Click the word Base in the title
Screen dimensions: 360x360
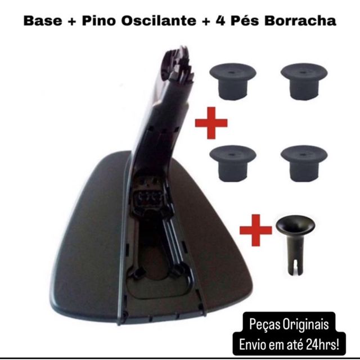point(43,21)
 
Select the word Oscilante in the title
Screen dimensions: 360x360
point(159,21)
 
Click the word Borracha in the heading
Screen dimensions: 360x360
point(300,21)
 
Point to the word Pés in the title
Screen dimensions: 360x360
point(245,20)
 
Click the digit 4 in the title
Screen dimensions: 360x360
point(220,21)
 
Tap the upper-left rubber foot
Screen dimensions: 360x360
point(233,81)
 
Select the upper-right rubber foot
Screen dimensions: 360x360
point(304,81)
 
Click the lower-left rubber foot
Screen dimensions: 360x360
point(233,163)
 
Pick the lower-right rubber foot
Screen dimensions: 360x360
point(304,163)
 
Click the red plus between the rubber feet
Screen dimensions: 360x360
point(211,123)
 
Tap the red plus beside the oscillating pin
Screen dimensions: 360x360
point(256,230)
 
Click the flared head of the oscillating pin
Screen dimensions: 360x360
point(295,225)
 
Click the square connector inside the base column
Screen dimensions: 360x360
point(148,199)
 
